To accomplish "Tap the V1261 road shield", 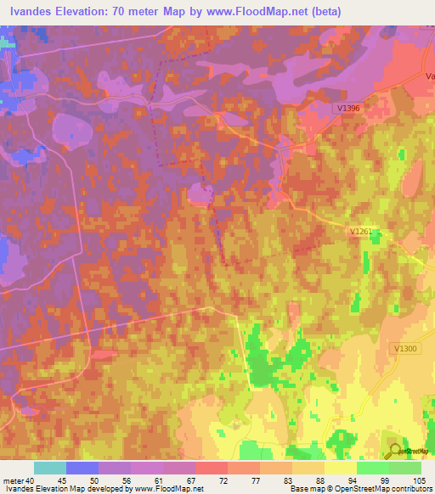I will [x=361, y=231].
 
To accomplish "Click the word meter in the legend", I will [x=14, y=480].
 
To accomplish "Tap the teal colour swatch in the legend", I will [x=50, y=468].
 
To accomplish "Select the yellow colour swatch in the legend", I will [x=341, y=468].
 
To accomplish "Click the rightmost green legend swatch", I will [x=405, y=468].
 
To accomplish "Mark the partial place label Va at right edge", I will [x=429, y=76].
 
